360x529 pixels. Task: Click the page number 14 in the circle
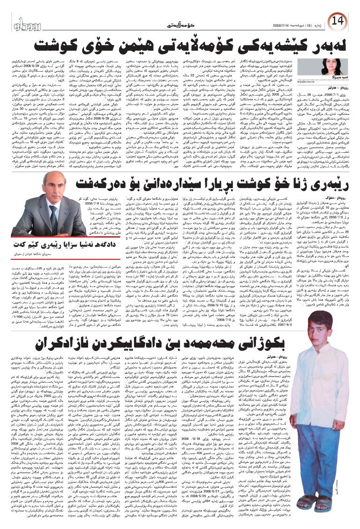click(346, 22)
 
